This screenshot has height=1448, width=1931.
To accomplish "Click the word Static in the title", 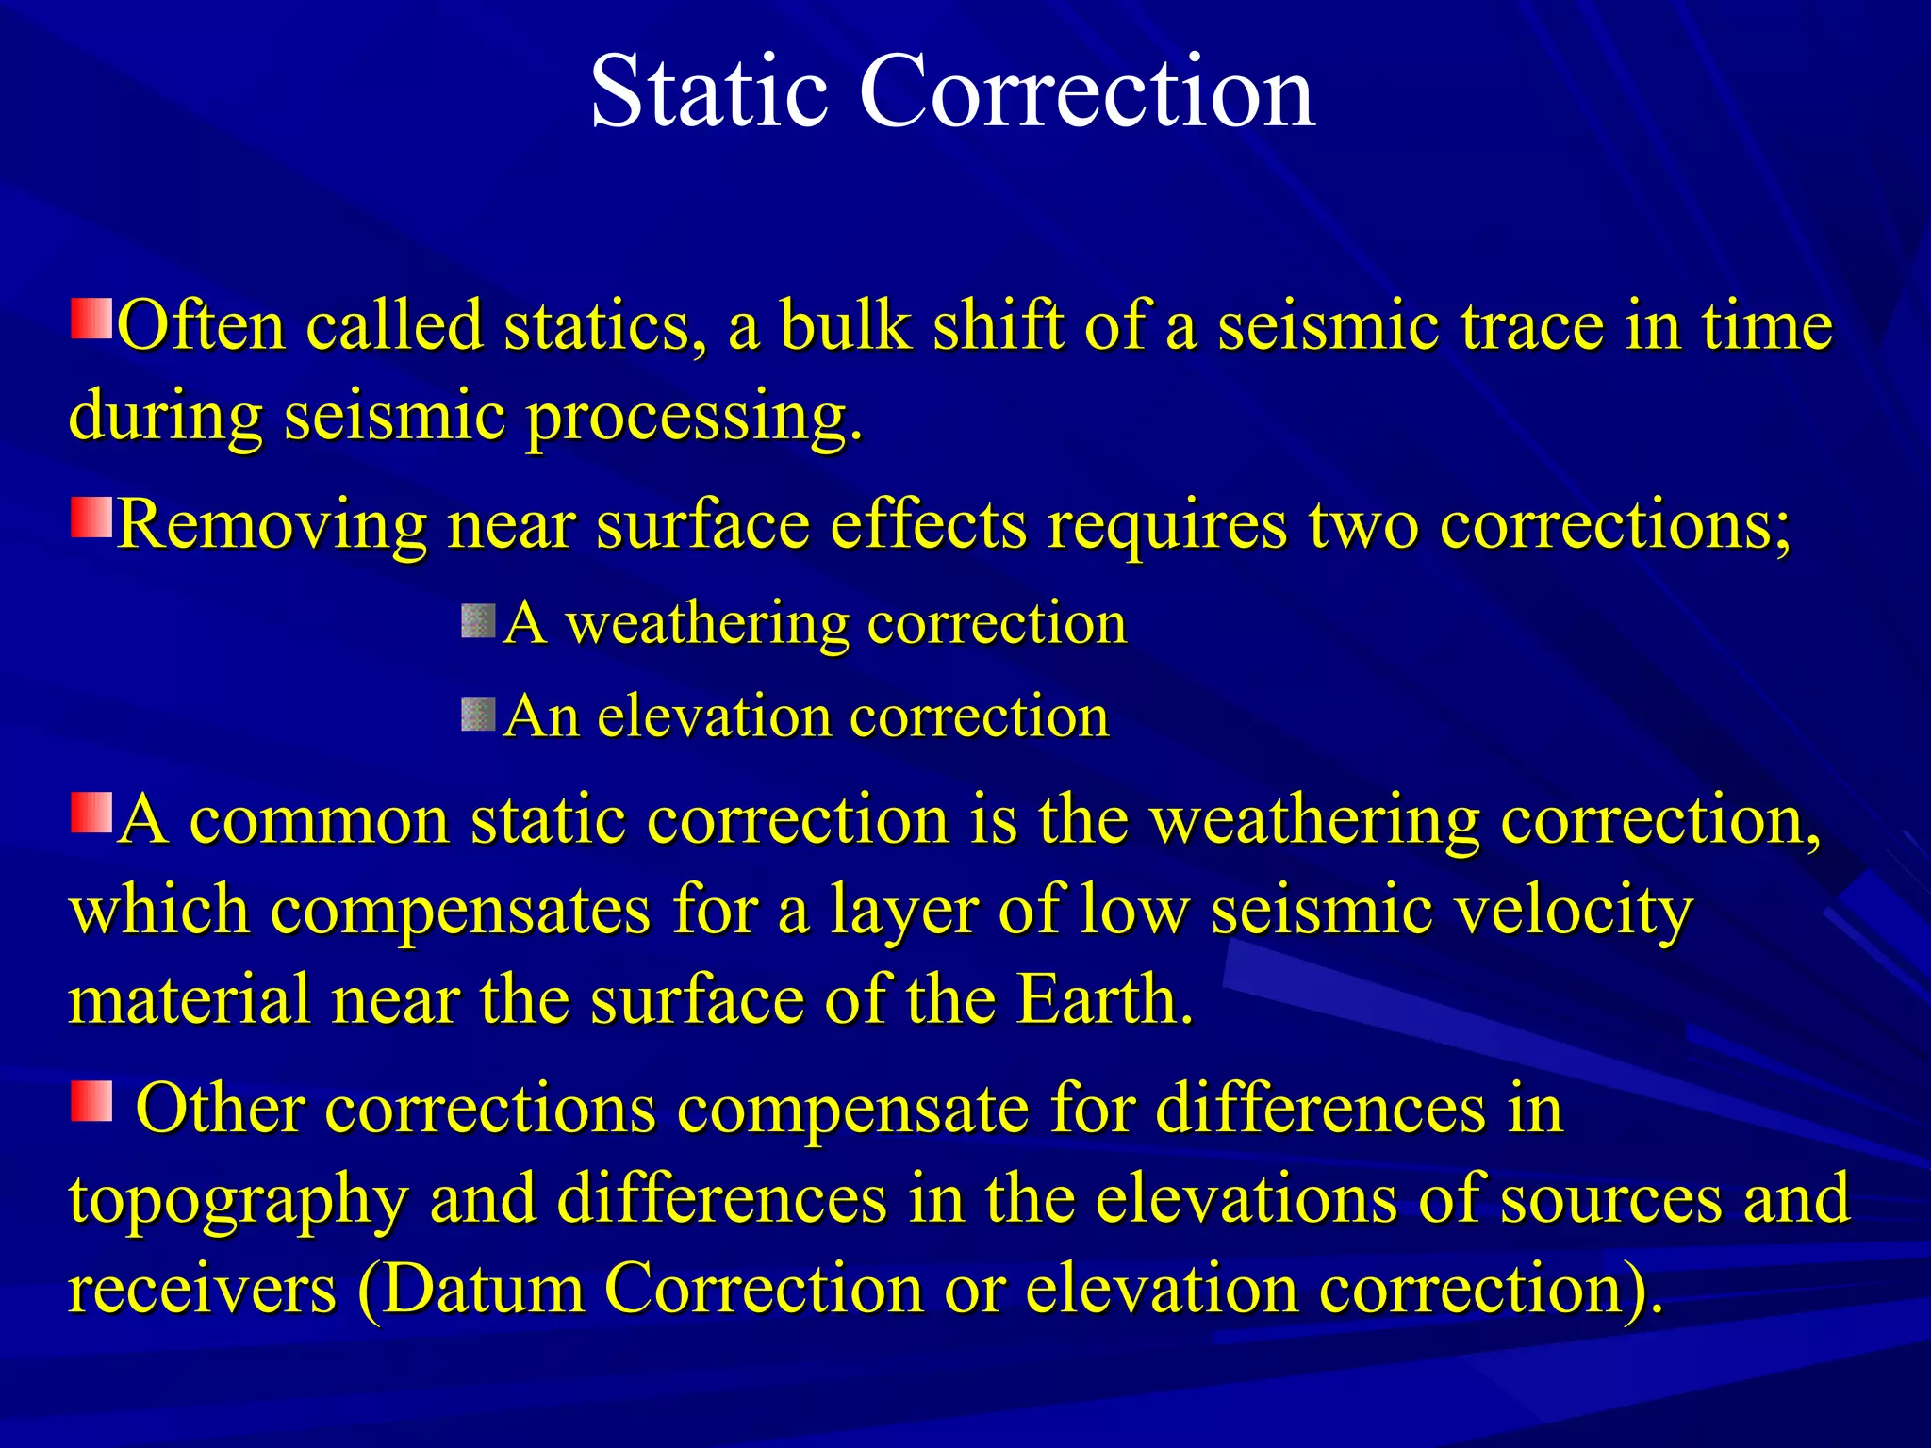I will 708,91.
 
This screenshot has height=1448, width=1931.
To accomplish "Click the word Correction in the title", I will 1086,91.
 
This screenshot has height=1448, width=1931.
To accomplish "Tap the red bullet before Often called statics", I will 91,320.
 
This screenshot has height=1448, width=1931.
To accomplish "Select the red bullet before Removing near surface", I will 91,518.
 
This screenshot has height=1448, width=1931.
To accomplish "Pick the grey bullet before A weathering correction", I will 478,621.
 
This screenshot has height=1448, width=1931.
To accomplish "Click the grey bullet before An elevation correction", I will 478,715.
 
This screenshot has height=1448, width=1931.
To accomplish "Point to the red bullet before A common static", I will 91,813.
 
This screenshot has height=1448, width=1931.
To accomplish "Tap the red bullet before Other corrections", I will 91,1101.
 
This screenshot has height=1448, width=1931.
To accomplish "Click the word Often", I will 201,326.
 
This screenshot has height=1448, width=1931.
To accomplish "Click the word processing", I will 693,418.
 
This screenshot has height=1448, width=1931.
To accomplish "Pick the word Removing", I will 272,524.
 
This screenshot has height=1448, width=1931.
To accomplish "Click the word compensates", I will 460,912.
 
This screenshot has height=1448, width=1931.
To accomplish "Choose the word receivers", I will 202,1289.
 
